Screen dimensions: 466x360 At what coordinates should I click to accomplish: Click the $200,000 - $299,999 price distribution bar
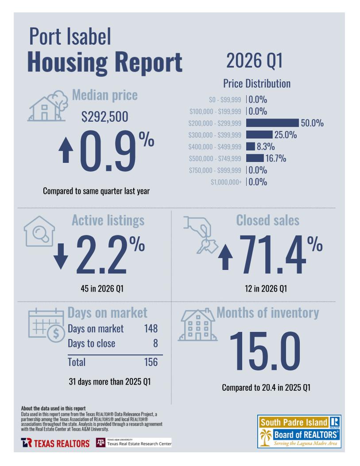pyautogui.click(x=272, y=123)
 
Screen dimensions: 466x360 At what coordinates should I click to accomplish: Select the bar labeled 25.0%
pyautogui.click(x=259, y=135)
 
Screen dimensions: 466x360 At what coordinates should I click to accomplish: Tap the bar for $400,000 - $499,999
pyautogui.click(x=251, y=146)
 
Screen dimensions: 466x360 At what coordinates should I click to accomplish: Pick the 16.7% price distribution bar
pyautogui.click(x=255, y=158)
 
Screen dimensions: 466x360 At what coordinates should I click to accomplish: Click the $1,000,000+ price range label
pyautogui.click(x=226, y=182)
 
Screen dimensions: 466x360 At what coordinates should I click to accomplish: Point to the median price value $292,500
pyautogui.click(x=105, y=117)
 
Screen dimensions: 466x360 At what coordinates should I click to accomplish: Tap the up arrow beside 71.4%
pyautogui.click(x=226, y=259)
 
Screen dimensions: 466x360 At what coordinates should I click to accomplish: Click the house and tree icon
pyautogui.click(x=46, y=106)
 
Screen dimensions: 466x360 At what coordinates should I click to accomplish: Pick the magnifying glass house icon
pyautogui.click(x=39, y=231)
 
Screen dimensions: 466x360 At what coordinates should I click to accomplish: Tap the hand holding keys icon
pyautogui.click(x=199, y=235)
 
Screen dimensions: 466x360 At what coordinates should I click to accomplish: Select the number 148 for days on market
pyautogui.click(x=151, y=329)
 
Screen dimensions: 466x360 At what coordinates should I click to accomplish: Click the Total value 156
pyautogui.click(x=151, y=362)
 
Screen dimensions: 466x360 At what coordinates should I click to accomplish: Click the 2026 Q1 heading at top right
pyautogui.click(x=254, y=61)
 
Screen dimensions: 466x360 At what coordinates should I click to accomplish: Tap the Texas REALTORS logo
pyautogui.click(x=55, y=443)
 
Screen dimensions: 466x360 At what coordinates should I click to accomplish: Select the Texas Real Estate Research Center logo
pyautogui.click(x=134, y=443)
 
